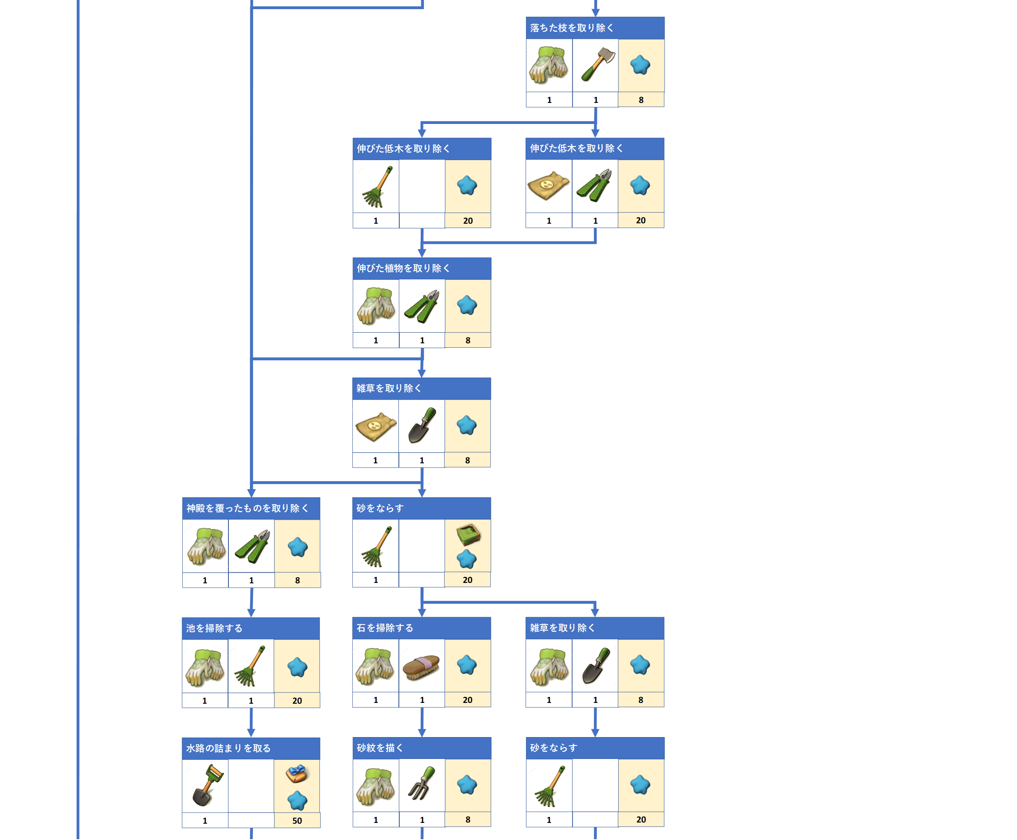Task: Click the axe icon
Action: [597, 64]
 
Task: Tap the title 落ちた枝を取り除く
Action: [571, 28]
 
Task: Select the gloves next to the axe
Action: [548, 65]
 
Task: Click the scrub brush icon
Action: [421, 668]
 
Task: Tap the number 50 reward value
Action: [297, 821]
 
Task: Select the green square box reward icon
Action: [468, 534]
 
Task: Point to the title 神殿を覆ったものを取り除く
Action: [247, 508]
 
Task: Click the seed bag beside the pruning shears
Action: [548, 185]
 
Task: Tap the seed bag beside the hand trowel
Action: [375, 426]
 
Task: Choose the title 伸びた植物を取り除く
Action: [403, 268]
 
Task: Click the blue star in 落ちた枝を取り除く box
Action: [640, 65]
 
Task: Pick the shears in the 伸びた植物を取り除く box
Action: [421, 306]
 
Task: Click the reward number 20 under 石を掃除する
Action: [467, 700]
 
